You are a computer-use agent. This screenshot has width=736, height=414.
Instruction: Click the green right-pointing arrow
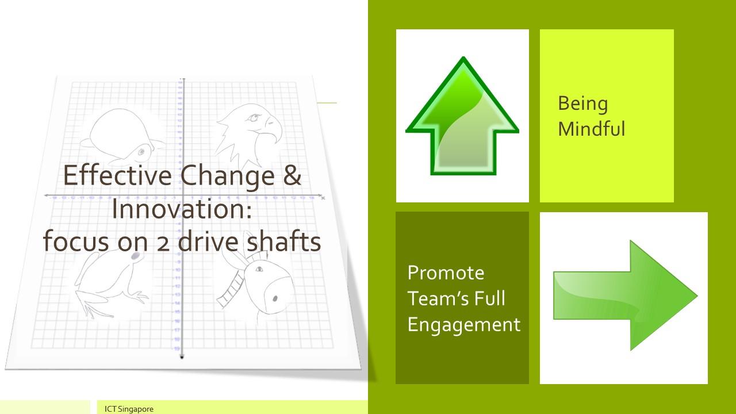[625, 296]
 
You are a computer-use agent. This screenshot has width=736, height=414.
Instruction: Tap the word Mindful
[592, 128]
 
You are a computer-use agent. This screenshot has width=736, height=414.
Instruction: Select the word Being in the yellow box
[583, 104]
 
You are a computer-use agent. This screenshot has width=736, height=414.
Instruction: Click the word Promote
[446, 273]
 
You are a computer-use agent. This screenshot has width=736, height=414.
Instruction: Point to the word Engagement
[464, 325]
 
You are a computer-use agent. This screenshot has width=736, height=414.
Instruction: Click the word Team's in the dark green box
[433, 298]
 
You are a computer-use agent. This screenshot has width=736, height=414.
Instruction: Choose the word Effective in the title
[117, 175]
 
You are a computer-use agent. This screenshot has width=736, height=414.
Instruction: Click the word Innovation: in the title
[182, 209]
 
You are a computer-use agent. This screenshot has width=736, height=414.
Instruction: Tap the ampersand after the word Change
[292, 175]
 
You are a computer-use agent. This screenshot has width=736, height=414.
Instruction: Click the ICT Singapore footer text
[129, 409]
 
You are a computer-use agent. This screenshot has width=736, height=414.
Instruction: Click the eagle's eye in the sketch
[254, 117]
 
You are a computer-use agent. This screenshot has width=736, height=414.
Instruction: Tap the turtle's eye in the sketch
[141, 152]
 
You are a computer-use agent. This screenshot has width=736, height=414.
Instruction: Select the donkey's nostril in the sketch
[275, 298]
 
